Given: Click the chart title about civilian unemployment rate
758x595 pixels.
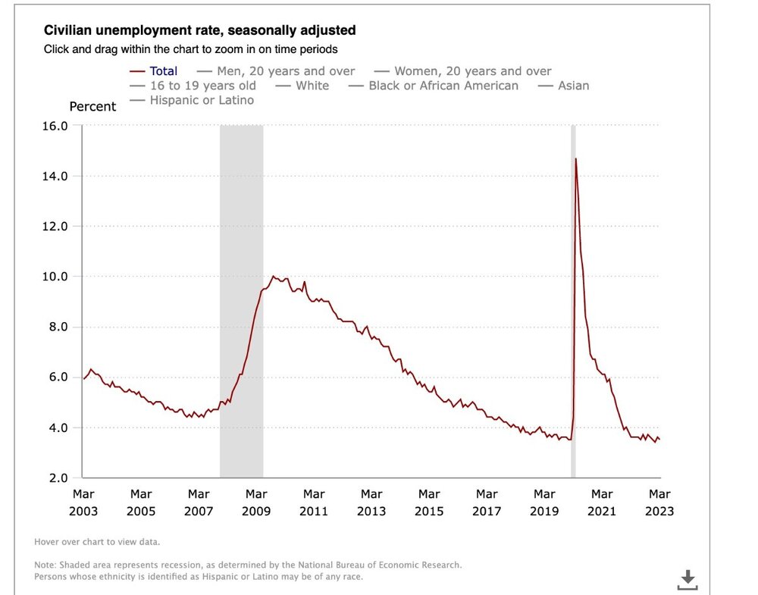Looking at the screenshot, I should [x=200, y=31].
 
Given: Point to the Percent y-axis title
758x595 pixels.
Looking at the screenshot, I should [x=92, y=107].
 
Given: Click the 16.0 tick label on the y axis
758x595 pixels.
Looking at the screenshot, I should [x=55, y=126].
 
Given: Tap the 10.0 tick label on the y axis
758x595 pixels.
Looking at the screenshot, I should [x=55, y=277].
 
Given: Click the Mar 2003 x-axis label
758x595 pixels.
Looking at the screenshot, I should [x=83, y=503].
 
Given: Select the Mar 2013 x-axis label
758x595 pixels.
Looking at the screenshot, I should [x=371, y=503].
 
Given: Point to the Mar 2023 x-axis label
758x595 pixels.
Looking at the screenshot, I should [x=659, y=503].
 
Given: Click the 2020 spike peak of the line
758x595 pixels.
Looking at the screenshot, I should [x=576, y=158].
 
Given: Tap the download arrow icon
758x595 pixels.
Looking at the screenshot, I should [x=688, y=580].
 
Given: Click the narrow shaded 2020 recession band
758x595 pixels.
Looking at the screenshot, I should [x=573, y=303].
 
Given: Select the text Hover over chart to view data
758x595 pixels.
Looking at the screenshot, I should [x=97, y=542].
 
